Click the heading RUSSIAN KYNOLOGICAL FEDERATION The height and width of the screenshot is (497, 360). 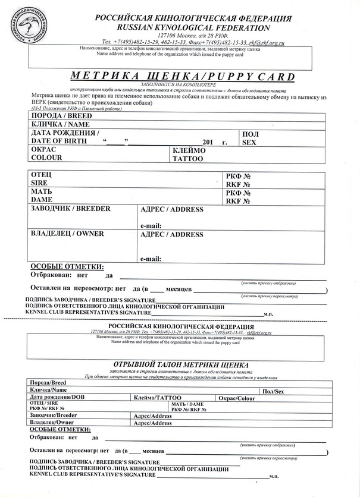[x=186, y=27]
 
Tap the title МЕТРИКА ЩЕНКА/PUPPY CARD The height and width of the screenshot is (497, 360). [x=183, y=76]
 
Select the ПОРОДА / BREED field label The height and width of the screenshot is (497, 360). [x=57, y=115]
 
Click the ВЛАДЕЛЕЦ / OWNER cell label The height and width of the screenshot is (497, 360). [x=67, y=234]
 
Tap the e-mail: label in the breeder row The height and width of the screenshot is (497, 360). [x=151, y=226]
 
